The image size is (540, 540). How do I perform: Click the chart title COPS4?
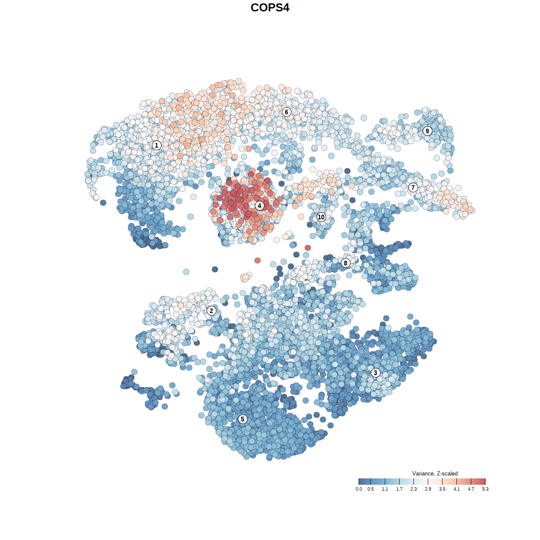click(x=270, y=8)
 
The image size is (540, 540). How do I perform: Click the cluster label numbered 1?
click(x=157, y=145)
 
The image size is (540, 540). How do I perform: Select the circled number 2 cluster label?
click(x=211, y=311)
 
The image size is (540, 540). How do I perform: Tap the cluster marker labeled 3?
click(x=375, y=373)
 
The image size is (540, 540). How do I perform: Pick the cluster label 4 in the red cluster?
click(x=259, y=205)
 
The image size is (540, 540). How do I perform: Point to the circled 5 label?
click(x=243, y=419)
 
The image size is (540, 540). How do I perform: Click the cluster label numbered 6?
click(x=286, y=112)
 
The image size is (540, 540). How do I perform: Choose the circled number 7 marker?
click(x=413, y=188)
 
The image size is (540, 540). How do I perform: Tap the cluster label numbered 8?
click(x=346, y=263)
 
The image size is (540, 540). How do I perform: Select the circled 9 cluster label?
click(x=427, y=131)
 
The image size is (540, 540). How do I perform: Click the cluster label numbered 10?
click(x=321, y=217)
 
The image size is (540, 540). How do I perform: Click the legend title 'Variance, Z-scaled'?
click(x=435, y=473)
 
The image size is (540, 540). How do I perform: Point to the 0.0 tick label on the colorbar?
click(x=359, y=489)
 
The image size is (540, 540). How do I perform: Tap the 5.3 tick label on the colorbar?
click(x=485, y=489)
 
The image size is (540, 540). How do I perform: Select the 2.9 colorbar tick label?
click(x=428, y=489)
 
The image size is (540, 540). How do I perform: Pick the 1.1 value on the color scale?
click(x=385, y=489)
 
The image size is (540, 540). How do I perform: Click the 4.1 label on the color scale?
click(x=456, y=489)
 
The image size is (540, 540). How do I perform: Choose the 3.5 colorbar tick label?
click(x=442, y=489)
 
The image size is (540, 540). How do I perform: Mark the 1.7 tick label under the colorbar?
click(x=399, y=489)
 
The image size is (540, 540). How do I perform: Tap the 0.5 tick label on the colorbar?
click(x=370, y=489)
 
